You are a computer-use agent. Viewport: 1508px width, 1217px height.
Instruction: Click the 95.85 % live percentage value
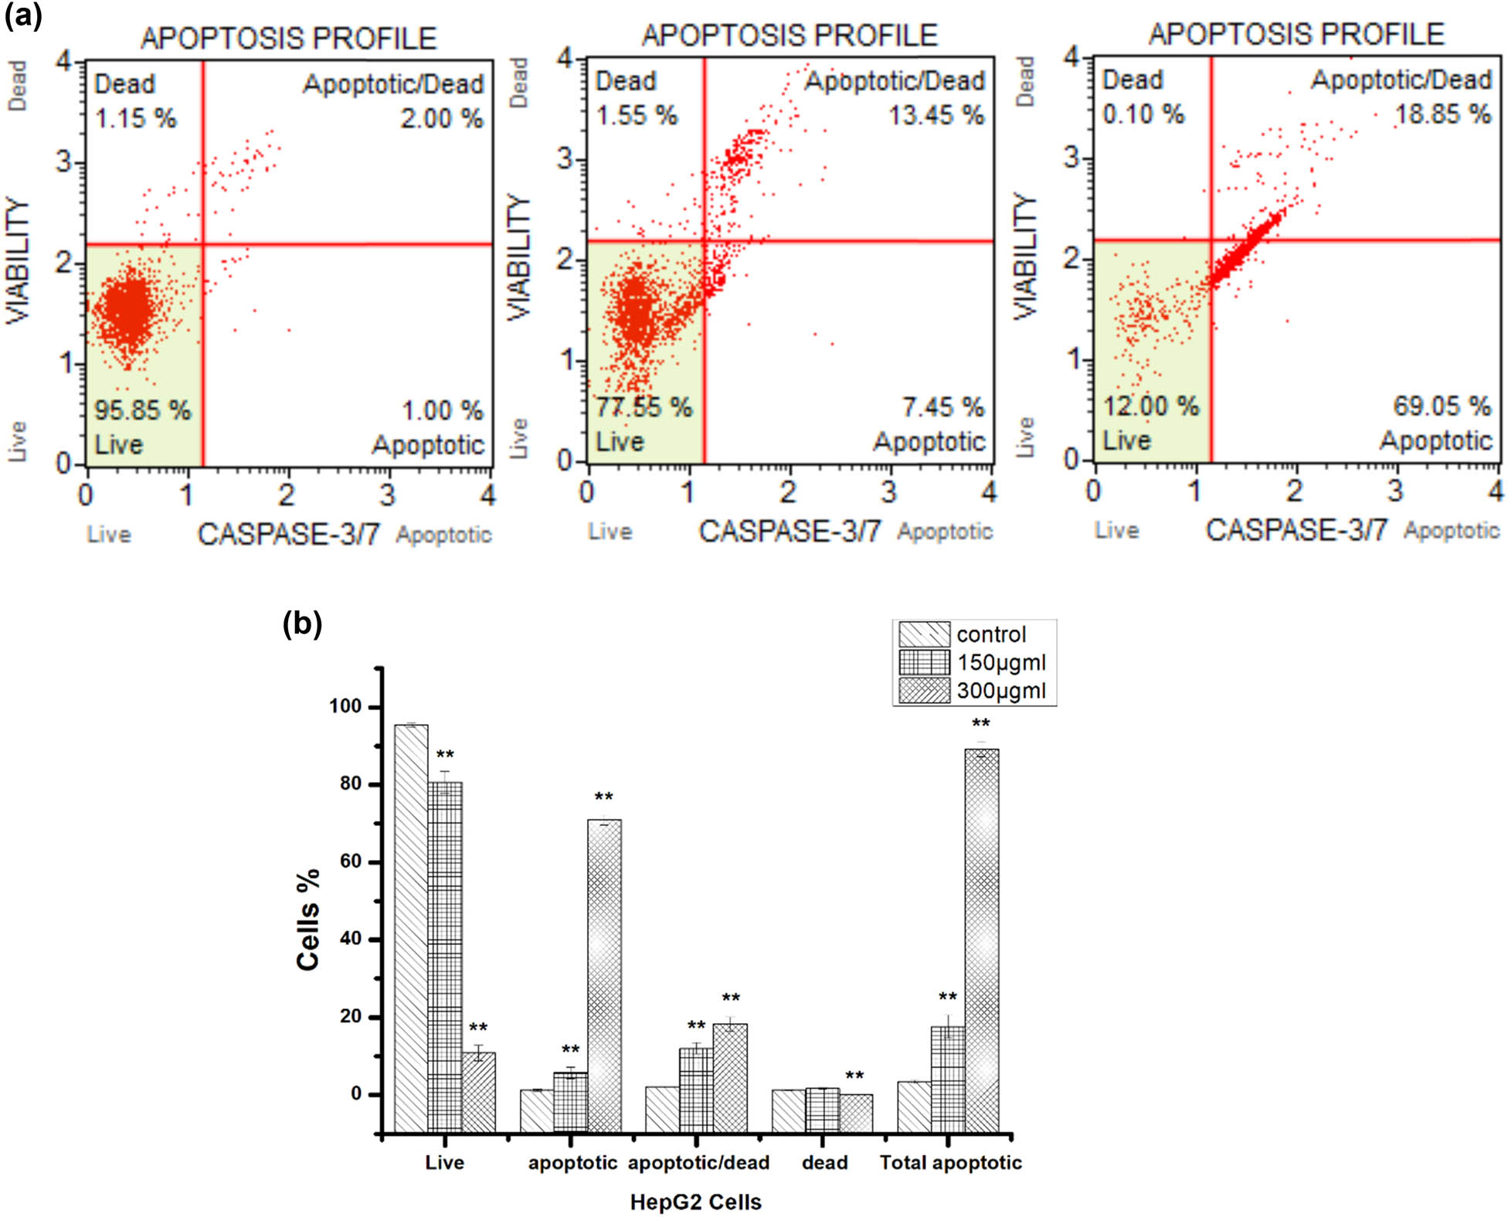point(142,410)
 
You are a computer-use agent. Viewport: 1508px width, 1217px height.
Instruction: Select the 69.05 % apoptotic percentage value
point(1442,406)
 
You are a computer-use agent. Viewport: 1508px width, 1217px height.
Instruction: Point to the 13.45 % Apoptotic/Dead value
point(936,116)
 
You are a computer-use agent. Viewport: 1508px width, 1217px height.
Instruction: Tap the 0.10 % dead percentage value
point(1143,114)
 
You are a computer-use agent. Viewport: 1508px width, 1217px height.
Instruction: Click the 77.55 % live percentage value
point(644,407)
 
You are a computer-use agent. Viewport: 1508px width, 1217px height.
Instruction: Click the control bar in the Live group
point(411,927)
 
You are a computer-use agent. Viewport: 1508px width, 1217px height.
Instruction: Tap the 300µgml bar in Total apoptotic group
point(981,939)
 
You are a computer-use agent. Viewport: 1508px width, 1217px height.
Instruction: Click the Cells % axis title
point(308,919)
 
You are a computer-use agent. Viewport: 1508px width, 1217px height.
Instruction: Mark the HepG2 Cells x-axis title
point(695,1202)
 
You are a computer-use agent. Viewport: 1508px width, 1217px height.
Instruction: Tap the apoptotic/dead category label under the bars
point(698,1162)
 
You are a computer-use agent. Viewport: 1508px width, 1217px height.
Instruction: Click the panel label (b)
point(302,623)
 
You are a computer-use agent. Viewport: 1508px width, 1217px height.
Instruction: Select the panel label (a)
point(23,15)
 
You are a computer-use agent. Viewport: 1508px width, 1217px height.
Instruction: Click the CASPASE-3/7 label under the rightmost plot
point(1296,530)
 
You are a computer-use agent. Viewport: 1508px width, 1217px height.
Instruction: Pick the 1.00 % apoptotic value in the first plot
point(442,410)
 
